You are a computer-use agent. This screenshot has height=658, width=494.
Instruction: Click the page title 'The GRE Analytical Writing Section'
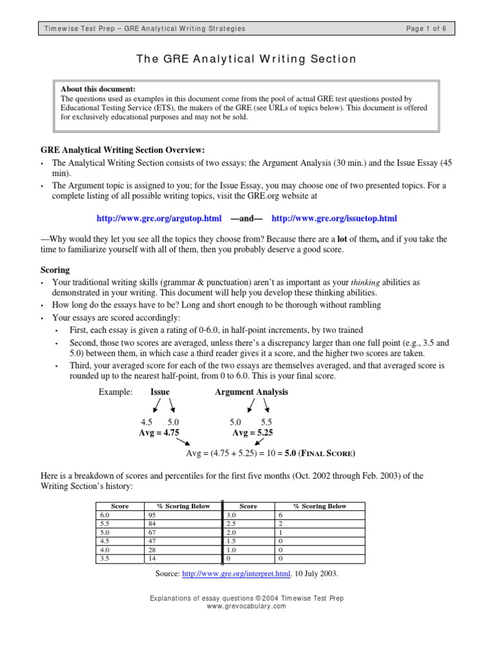[x=246, y=59]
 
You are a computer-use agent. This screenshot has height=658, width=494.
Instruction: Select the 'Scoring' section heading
[x=55, y=271]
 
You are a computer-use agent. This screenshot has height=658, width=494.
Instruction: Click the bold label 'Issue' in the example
[x=160, y=392]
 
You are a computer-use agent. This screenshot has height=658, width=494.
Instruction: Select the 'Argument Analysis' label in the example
[x=251, y=392]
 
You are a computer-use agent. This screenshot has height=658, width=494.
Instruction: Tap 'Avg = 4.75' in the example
[x=159, y=432]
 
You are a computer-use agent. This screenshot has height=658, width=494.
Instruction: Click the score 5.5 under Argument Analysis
[x=266, y=422]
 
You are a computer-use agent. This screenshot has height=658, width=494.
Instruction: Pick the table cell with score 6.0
[x=104, y=515]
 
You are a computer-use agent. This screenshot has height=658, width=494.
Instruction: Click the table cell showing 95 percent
[x=152, y=515]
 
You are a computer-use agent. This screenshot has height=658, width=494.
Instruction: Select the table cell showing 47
[x=152, y=542]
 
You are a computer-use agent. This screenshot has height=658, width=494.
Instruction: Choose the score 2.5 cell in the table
[x=231, y=524]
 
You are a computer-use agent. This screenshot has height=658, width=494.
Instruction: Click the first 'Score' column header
[x=120, y=506]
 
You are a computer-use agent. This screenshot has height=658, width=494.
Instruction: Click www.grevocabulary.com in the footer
[x=247, y=606]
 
